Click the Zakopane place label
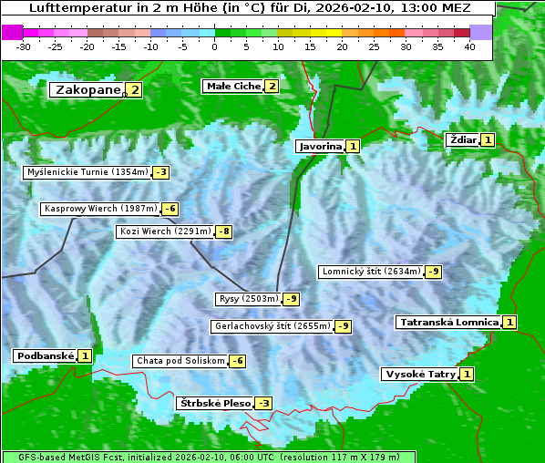(87, 89)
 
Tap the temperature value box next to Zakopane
(135, 89)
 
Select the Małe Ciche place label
(232, 86)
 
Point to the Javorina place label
(320, 146)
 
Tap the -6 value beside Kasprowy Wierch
(170, 209)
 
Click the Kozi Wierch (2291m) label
(165, 231)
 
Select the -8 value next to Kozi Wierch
(223, 231)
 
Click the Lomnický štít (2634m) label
(371, 271)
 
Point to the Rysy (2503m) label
(248, 298)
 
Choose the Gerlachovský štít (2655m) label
(272, 325)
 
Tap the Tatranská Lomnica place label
(447, 322)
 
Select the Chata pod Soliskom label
(179, 361)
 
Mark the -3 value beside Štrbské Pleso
(263, 403)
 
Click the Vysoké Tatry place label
(420, 374)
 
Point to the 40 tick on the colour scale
(469, 46)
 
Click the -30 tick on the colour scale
(25, 46)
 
